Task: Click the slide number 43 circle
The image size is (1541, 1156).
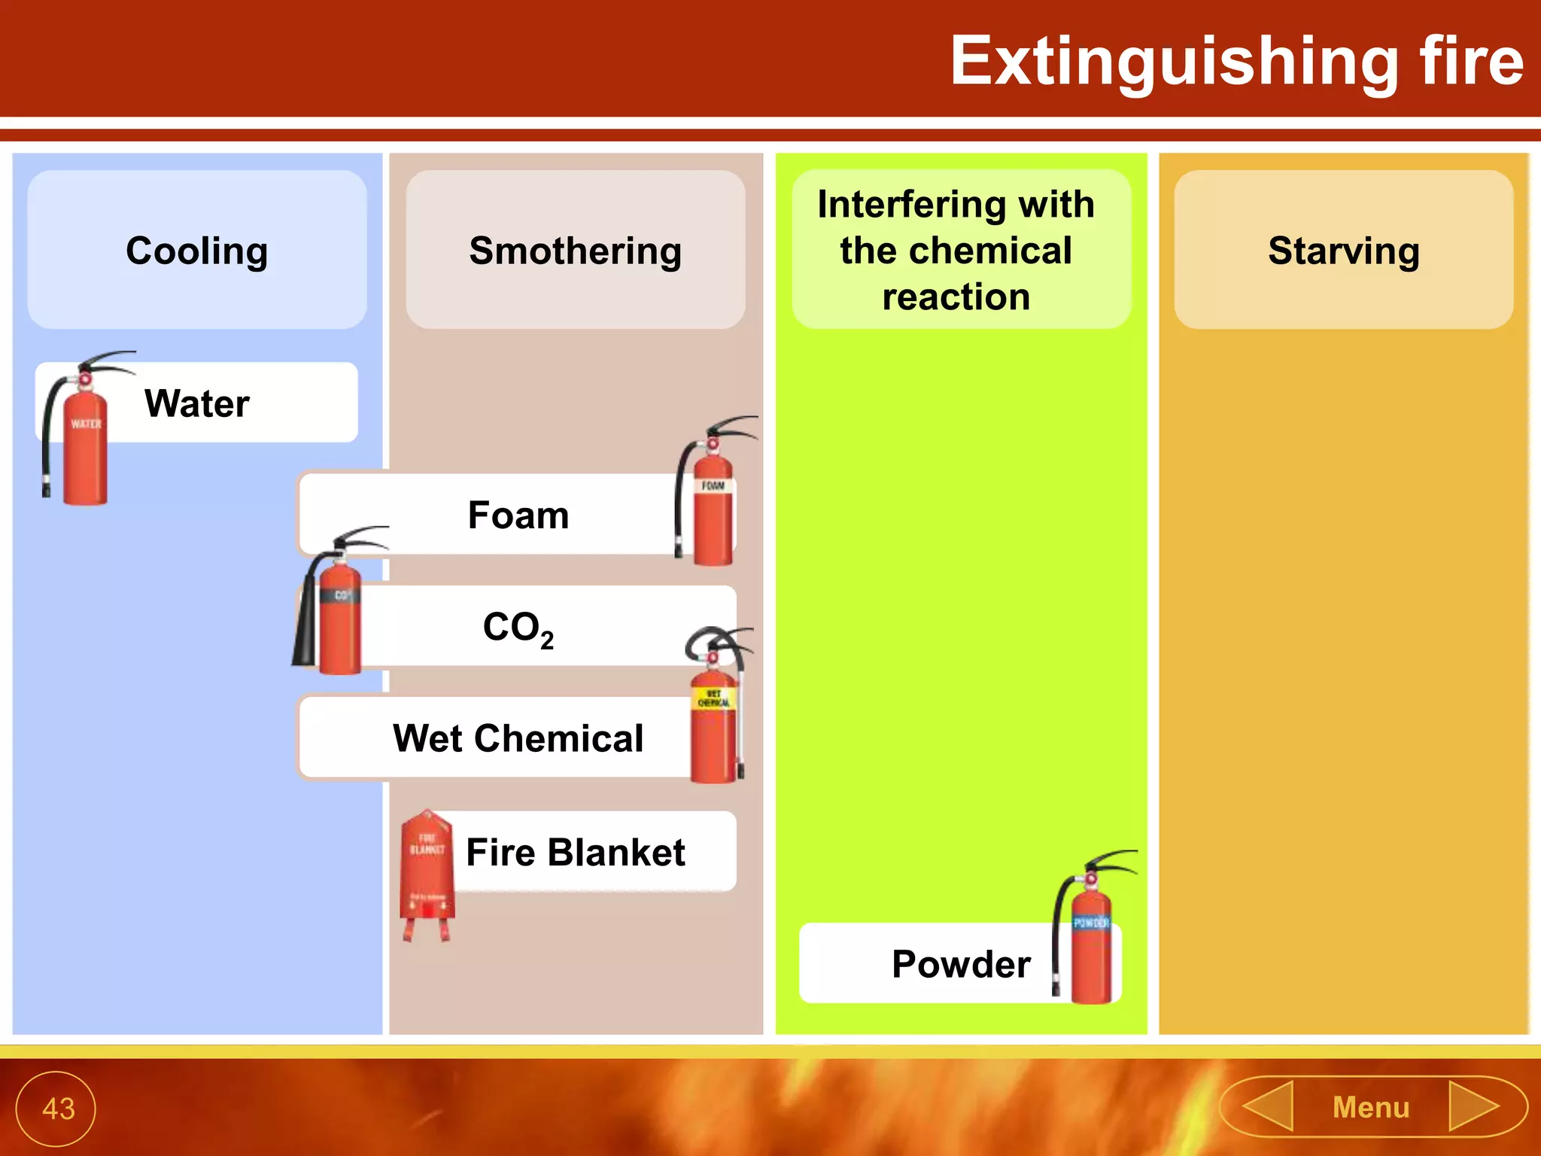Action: [56, 1108]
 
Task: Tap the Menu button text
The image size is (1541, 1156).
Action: [1370, 1108]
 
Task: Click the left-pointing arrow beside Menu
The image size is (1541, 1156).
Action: [1270, 1106]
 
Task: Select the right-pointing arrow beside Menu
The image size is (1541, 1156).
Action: [1473, 1106]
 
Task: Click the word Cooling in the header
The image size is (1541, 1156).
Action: [196, 251]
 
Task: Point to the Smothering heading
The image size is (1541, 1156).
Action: [575, 251]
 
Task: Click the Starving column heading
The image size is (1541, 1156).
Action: [1343, 251]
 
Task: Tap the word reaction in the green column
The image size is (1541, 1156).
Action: [956, 297]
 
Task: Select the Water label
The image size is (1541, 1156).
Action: [196, 403]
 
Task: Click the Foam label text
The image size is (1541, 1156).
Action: [518, 516]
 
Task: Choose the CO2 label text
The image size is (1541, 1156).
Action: [518, 628]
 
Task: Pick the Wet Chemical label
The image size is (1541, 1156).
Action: [518, 738]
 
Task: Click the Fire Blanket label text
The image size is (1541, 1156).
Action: [575, 853]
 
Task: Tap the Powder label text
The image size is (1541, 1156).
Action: [961, 964]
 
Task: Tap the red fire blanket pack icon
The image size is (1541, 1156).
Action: [427, 873]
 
